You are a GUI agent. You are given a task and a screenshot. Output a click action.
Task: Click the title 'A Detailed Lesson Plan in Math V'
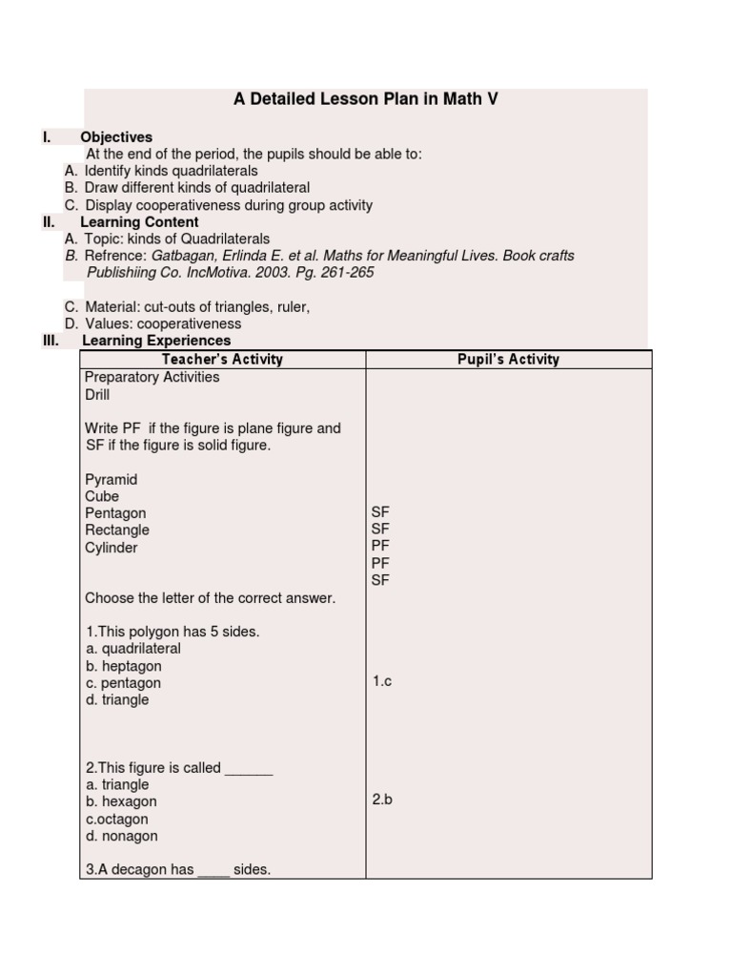click(366, 98)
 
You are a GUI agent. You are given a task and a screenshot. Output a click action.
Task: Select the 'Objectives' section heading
click(116, 137)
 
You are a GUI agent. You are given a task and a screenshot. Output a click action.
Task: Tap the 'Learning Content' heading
click(139, 222)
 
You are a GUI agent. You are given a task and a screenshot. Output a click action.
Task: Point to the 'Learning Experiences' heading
click(156, 341)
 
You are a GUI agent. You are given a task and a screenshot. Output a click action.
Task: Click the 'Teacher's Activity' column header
click(222, 360)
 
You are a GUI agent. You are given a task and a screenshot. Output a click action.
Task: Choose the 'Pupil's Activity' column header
click(509, 360)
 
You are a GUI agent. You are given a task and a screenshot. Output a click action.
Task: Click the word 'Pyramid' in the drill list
click(112, 479)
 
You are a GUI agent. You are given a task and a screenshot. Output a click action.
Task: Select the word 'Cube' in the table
click(102, 496)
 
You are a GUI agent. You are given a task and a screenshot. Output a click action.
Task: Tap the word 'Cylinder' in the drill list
click(112, 548)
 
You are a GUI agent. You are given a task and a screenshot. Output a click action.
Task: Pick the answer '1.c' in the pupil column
click(382, 681)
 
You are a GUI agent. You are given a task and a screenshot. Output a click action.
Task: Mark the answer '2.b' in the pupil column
click(382, 800)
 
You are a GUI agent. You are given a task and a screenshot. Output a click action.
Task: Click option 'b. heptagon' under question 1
click(123, 666)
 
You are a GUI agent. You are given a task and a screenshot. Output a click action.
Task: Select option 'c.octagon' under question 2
click(116, 819)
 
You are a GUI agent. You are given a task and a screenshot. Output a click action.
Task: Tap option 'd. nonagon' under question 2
click(121, 836)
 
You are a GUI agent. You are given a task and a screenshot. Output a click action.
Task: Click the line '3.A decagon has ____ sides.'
click(177, 869)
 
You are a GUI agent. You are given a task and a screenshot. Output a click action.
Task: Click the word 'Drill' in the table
click(97, 395)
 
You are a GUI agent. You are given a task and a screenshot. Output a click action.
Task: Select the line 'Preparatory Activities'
click(152, 377)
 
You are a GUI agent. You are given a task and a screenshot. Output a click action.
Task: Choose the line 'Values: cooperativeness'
click(163, 323)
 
